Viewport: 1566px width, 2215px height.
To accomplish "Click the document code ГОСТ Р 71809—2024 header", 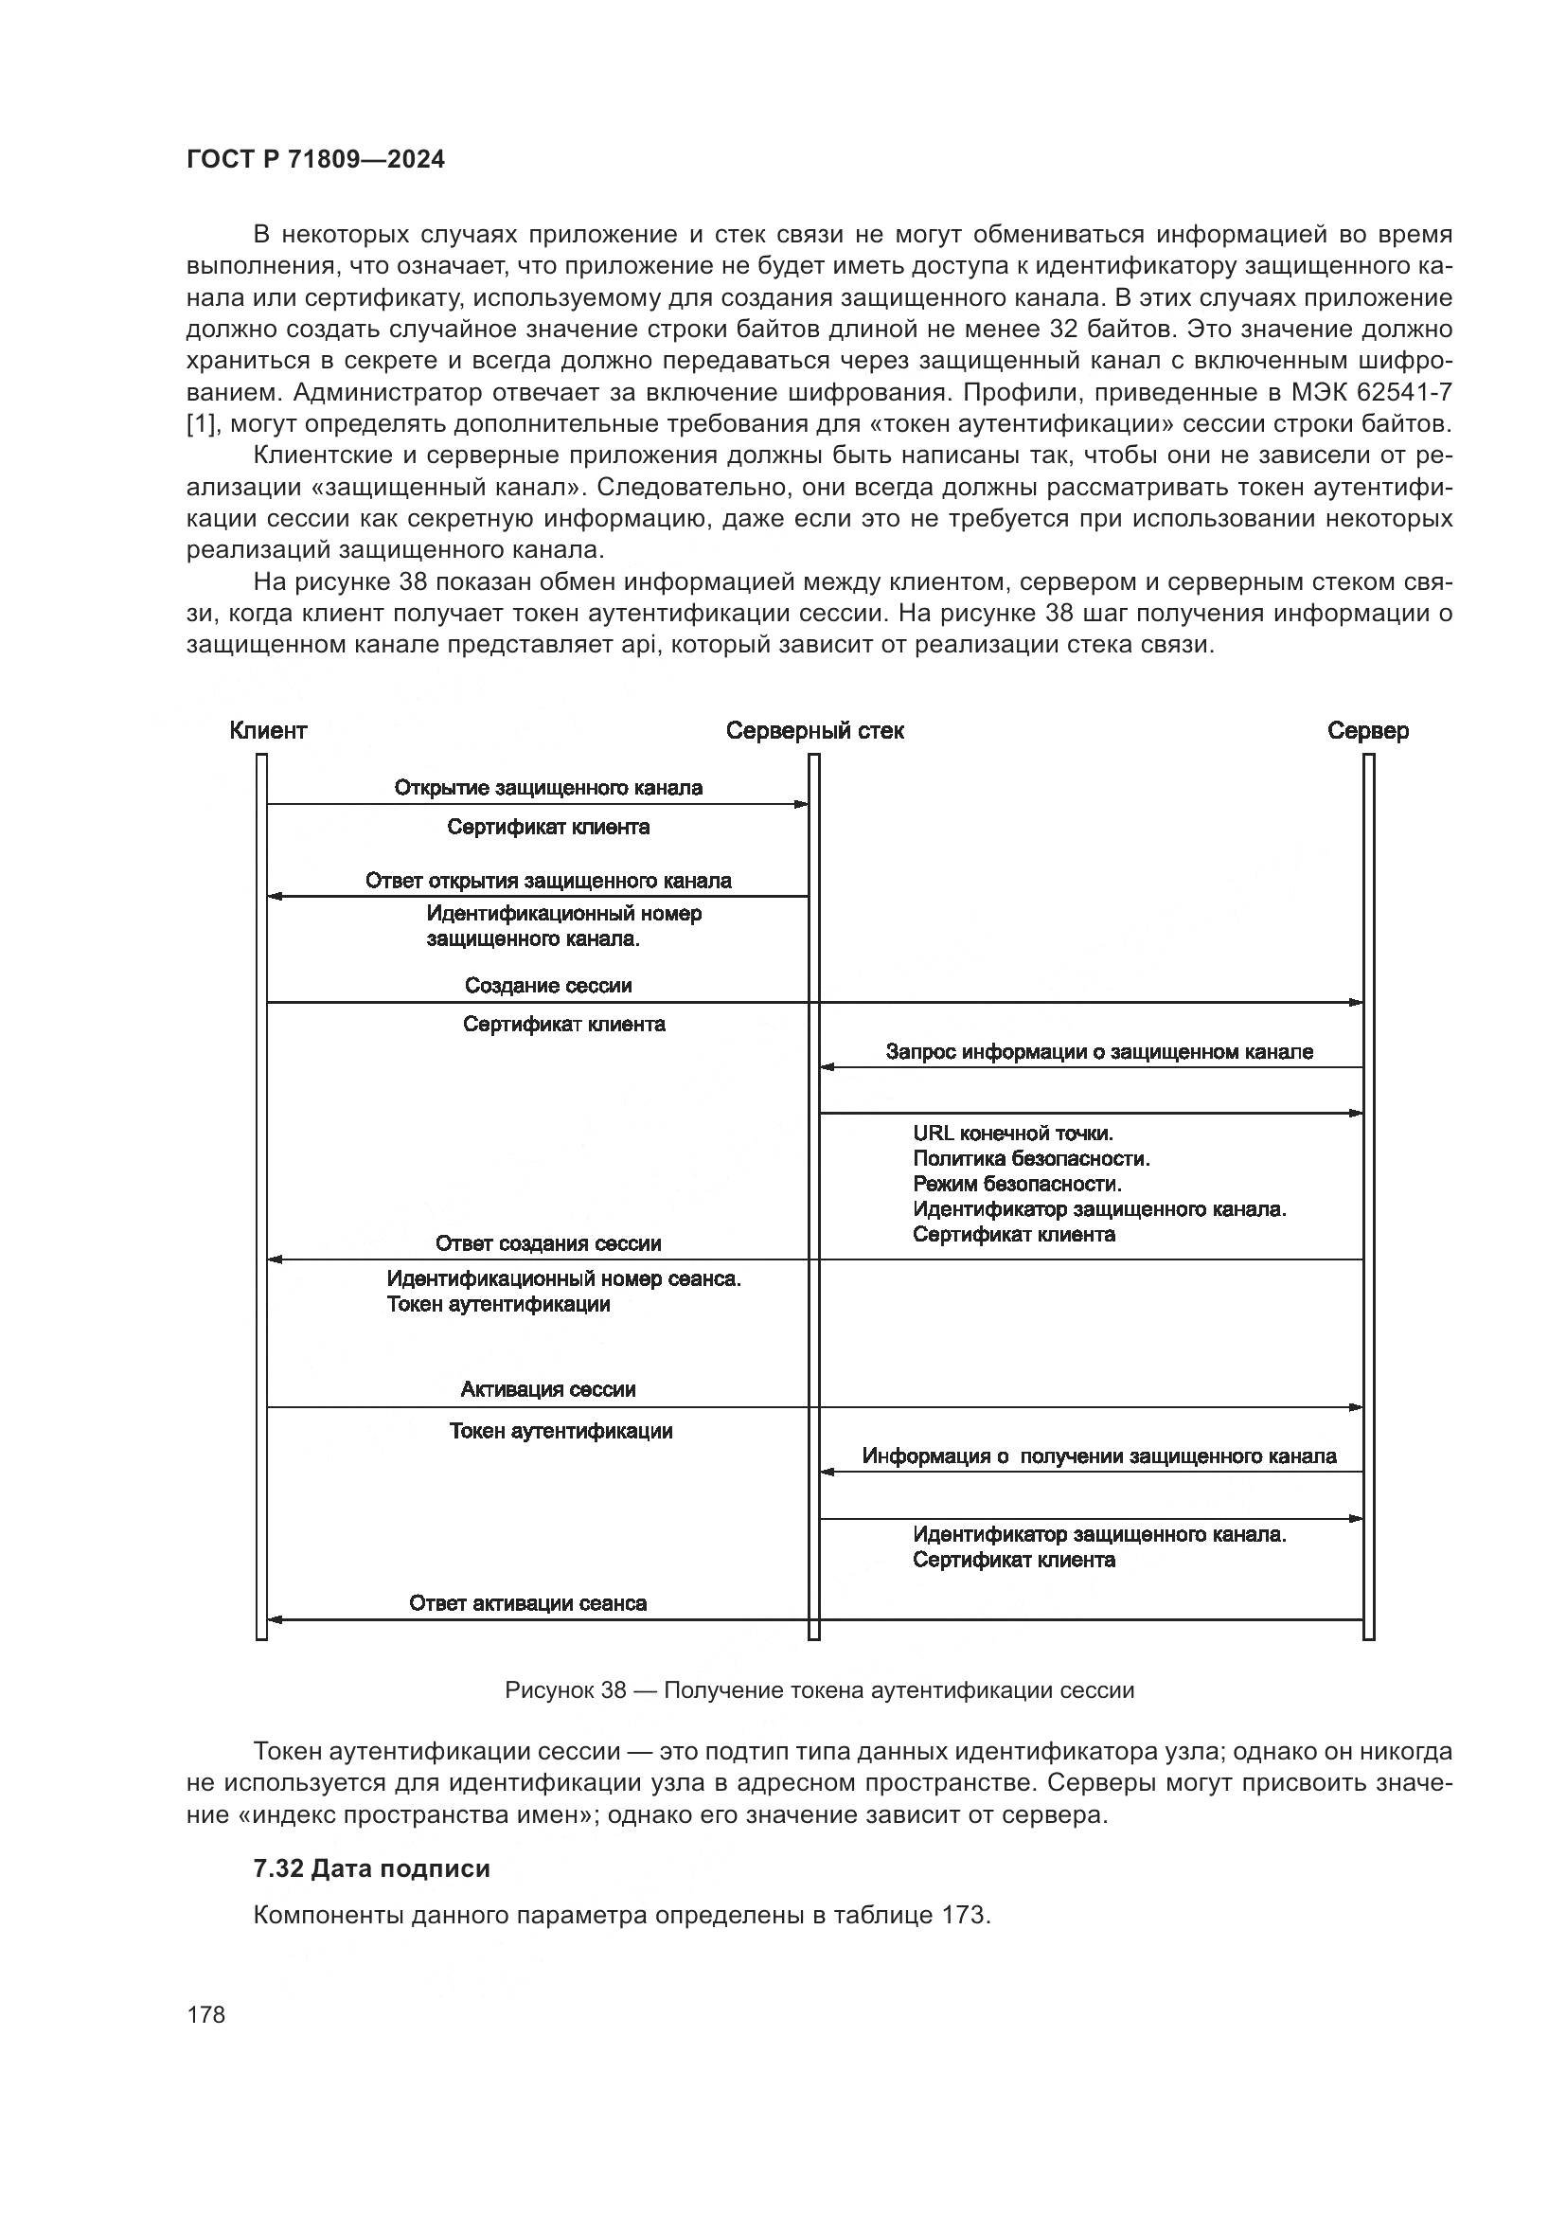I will click(315, 160).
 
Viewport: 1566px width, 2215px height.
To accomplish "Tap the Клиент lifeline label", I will click(268, 730).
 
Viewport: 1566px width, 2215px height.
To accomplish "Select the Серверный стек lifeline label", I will click(815, 730).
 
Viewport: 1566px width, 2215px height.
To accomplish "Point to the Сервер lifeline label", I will click(1367, 730).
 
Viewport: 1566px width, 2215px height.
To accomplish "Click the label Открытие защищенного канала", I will click(547, 787).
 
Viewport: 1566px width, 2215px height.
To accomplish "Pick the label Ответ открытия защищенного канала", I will click(547, 880).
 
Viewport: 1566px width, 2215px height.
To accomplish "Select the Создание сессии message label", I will click(547, 985).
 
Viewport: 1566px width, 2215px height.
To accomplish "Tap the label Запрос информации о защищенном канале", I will click(1099, 1051).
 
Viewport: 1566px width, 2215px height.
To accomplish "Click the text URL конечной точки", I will click(1012, 1133).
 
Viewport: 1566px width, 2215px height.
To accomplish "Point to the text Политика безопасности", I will click(1031, 1157).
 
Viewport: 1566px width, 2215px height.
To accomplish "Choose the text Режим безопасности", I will click(1017, 1183).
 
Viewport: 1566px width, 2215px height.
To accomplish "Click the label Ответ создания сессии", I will click(547, 1243).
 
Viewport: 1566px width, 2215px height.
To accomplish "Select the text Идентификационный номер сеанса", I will click(564, 1279).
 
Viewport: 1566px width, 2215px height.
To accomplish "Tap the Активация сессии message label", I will click(547, 1389).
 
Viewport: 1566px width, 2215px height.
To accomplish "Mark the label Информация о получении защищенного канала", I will click(1099, 1456).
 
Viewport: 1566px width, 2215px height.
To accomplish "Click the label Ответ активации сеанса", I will click(527, 1603).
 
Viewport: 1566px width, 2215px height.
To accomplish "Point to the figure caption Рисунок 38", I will click(819, 1690).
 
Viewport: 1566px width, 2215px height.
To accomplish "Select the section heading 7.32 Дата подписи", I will click(371, 1868).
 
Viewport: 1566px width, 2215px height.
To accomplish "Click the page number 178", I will click(205, 2014).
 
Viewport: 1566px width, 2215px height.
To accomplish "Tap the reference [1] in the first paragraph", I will click(202, 423).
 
